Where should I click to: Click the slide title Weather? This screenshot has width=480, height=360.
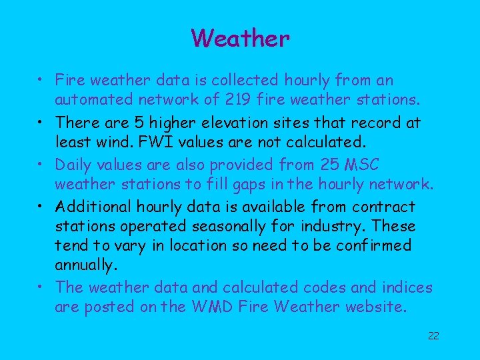point(240,38)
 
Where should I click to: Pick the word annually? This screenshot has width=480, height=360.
point(85,265)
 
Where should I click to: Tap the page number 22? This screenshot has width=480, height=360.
point(433,335)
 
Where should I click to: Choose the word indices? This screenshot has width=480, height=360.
point(407,288)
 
